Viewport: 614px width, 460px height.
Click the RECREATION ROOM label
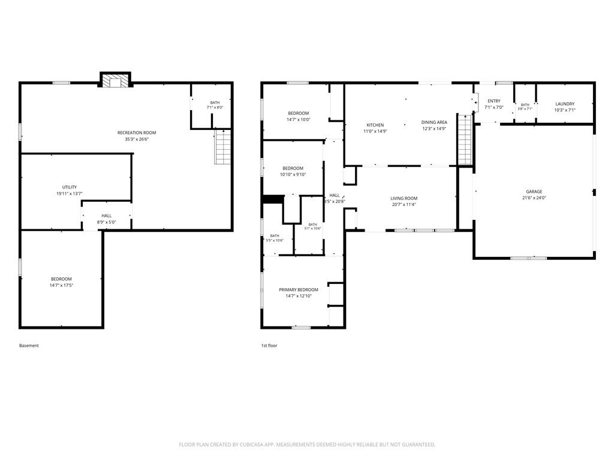point(137,132)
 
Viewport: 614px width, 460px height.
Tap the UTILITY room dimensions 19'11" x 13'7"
point(70,193)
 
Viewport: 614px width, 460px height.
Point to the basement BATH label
point(215,102)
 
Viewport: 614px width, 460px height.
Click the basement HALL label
point(107,216)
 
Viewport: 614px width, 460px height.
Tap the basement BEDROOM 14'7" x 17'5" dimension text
point(62,286)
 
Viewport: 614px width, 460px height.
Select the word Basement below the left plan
point(29,346)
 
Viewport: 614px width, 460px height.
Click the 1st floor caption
point(269,346)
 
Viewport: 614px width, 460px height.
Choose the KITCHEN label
point(375,125)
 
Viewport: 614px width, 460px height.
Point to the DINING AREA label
point(434,122)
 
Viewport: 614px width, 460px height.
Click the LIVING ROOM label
point(404,198)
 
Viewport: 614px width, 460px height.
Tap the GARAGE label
point(534,192)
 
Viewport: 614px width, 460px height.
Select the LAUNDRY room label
point(565,104)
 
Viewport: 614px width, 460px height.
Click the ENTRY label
point(494,101)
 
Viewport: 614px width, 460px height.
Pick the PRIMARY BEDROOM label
point(299,290)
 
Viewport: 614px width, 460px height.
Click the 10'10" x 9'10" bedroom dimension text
point(293,175)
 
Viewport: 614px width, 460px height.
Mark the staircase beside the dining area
point(465,140)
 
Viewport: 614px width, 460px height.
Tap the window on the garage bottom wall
point(529,258)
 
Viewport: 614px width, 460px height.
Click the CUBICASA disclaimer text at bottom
point(307,445)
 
